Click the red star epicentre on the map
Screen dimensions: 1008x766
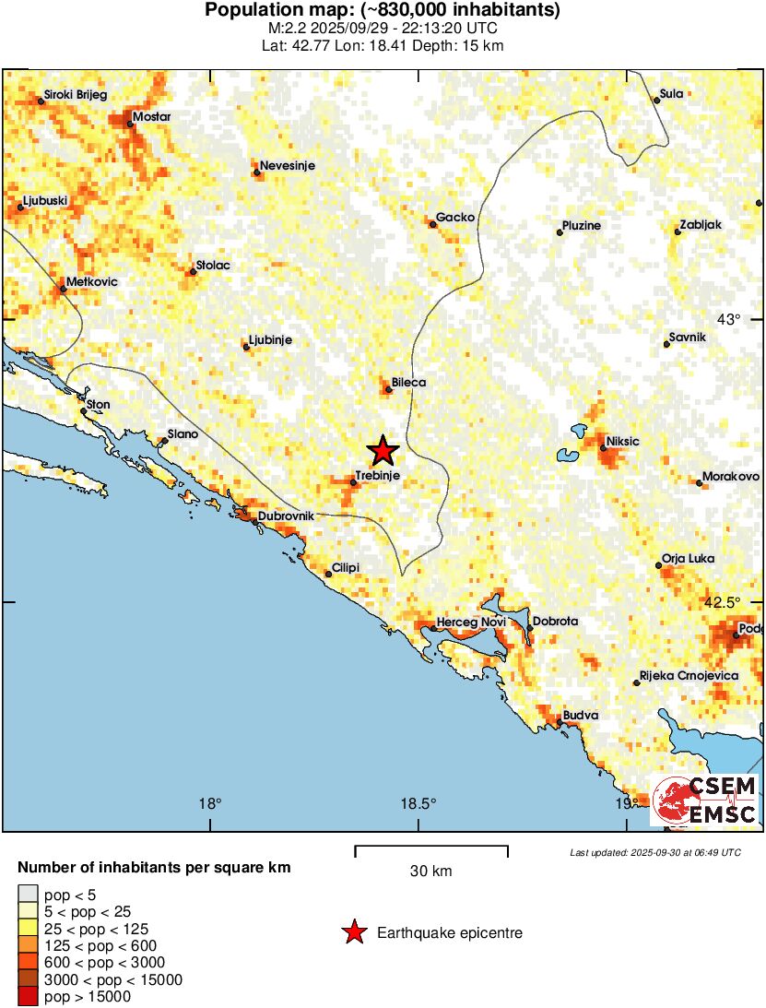pyautogui.click(x=383, y=451)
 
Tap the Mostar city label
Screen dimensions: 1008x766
pyautogui.click(x=151, y=117)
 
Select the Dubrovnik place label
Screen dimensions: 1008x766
pyautogui.click(x=286, y=516)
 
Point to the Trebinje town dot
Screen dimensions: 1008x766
pyautogui.click(x=353, y=482)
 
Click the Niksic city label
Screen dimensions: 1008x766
pyautogui.click(x=623, y=442)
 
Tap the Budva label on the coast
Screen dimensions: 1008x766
pyautogui.click(x=581, y=715)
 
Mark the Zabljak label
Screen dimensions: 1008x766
pyautogui.click(x=701, y=225)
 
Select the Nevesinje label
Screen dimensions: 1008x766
pyautogui.click(x=288, y=166)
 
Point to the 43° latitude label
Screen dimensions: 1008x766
pyautogui.click(x=729, y=320)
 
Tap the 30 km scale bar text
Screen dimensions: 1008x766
pyautogui.click(x=430, y=872)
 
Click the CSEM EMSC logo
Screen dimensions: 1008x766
pyautogui.click(x=705, y=800)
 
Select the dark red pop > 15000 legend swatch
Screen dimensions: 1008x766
pyautogui.click(x=28, y=996)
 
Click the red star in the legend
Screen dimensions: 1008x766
pyautogui.click(x=353, y=933)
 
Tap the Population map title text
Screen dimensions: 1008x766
pyautogui.click(x=383, y=10)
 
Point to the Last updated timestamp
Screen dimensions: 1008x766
pyautogui.click(x=654, y=852)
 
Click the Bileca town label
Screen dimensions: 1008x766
pyautogui.click(x=408, y=382)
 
